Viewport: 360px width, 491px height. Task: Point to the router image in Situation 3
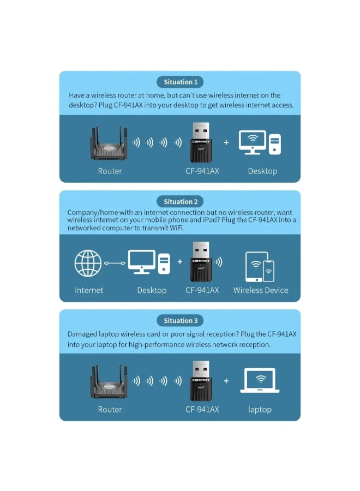[x=109, y=383]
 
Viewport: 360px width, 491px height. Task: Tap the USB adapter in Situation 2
[x=202, y=261]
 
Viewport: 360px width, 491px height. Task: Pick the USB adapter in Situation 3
[x=202, y=381]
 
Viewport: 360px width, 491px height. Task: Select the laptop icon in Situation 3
[x=260, y=381]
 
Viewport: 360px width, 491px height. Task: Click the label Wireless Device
[x=261, y=290]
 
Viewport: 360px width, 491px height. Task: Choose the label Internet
[x=89, y=290]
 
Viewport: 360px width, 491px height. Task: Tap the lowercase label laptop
[x=260, y=409]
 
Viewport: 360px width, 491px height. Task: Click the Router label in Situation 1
[x=110, y=171]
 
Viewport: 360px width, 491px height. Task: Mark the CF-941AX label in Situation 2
[x=202, y=290]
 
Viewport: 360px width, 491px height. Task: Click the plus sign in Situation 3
[x=226, y=381]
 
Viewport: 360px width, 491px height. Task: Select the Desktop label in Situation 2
[x=152, y=290]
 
